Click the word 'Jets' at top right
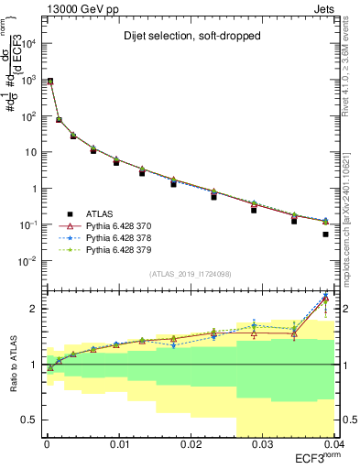tap(327, 7)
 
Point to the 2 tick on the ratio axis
tap(35, 309)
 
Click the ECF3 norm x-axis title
tap(314, 458)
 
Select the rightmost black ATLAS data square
tap(326, 234)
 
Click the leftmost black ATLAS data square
tap(50, 81)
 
